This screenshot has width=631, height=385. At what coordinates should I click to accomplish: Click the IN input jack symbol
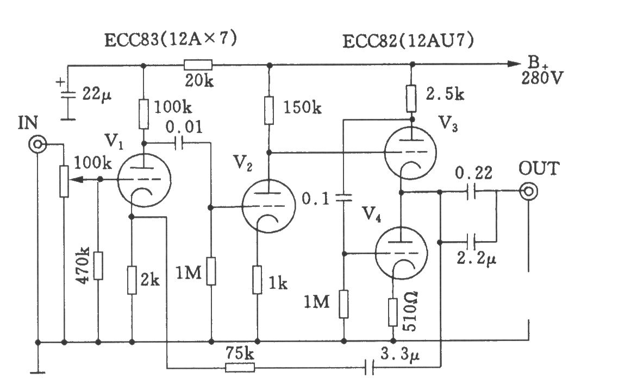tap(38, 144)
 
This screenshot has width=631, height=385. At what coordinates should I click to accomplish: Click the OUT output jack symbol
tap(528, 192)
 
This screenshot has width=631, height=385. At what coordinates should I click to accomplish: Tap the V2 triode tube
tap(268, 206)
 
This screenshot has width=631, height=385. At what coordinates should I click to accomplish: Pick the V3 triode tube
tap(411, 152)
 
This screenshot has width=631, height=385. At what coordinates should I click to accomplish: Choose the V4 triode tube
tap(401, 253)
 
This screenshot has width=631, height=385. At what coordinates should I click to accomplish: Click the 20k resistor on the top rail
tap(198, 65)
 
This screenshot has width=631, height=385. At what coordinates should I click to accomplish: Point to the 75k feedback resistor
tap(240, 367)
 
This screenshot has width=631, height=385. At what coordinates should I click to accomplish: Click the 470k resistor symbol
tap(98, 266)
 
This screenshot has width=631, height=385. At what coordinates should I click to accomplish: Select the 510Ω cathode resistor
tap(393, 312)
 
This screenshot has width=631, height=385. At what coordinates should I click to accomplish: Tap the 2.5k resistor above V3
tap(411, 98)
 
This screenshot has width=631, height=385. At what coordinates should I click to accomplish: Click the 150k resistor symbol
tap(269, 110)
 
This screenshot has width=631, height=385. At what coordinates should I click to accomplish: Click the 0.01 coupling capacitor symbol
tap(179, 142)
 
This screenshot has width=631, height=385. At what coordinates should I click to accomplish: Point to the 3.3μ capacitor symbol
tap(370, 367)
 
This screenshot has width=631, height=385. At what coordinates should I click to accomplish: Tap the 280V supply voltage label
tap(542, 78)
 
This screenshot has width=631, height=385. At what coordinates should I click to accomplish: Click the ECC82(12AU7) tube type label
tap(408, 41)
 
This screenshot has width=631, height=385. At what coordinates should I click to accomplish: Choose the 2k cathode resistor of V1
tap(132, 280)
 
